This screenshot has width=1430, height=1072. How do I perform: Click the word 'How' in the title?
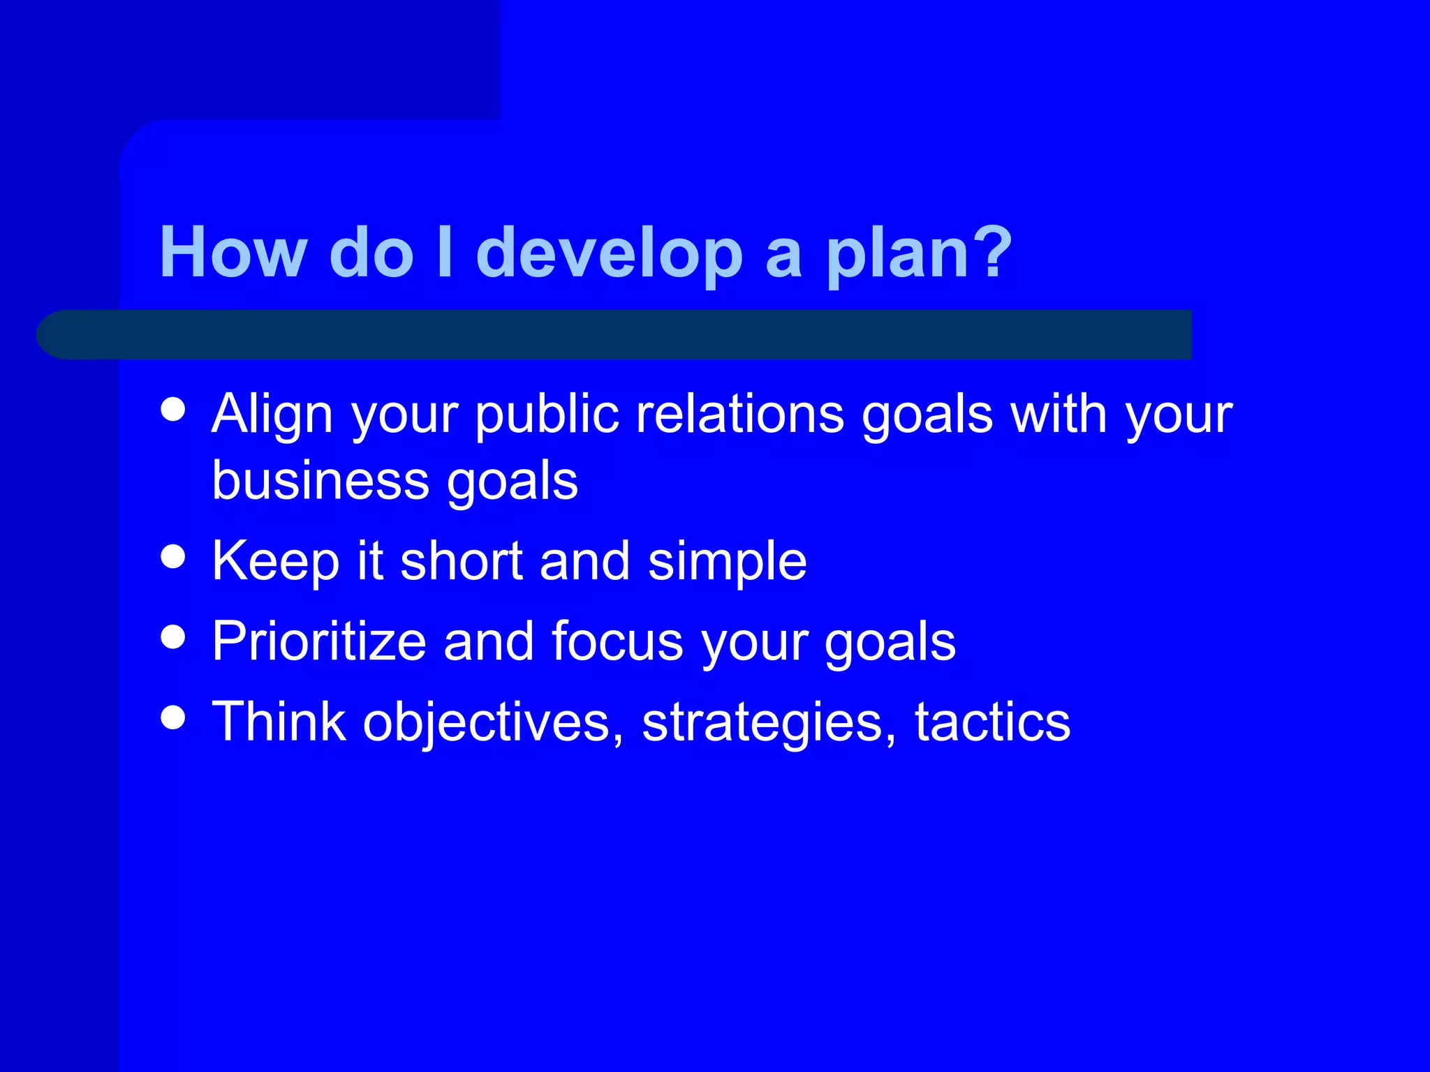click(x=233, y=253)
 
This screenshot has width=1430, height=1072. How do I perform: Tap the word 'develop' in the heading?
click(x=609, y=253)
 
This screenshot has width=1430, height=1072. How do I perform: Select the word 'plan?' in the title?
click(x=919, y=253)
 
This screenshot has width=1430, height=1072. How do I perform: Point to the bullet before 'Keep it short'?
click(x=172, y=557)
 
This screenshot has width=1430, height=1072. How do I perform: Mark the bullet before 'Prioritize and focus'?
click(x=172, y=637)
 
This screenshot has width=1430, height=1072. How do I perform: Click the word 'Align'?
click(x=273, y=415)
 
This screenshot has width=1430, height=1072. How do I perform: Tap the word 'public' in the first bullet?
click(x=547, y=415)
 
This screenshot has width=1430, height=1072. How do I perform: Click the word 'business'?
click(x=320, y=481)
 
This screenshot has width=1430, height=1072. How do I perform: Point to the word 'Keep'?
click(x=275, y=561)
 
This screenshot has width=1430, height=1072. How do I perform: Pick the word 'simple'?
click(x=727, y=561)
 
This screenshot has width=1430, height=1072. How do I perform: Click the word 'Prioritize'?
click(x=319, y=641)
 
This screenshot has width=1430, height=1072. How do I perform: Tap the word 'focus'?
click(x=617, y=641)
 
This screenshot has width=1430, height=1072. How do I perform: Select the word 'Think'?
click(x=279, y=722)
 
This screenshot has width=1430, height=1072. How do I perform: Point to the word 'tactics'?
click(x=992, y=722)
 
